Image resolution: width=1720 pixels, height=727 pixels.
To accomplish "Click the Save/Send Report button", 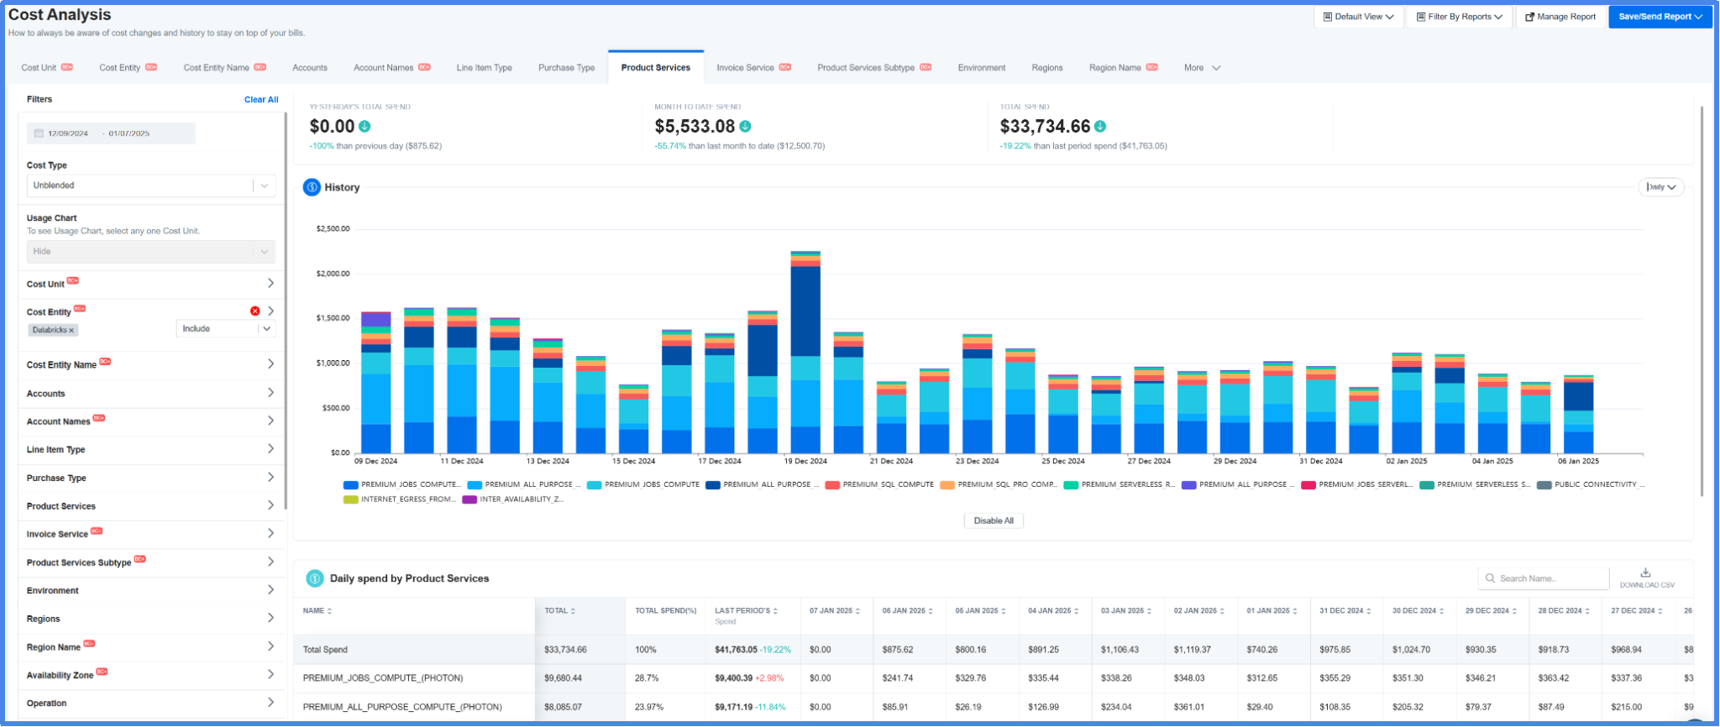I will click(1660, 17).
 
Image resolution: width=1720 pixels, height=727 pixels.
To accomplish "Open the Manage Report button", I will click(1560, 17).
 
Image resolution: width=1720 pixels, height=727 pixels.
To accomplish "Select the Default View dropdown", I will click(1358, 17).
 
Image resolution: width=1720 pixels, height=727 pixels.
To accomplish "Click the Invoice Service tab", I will click(745, 68).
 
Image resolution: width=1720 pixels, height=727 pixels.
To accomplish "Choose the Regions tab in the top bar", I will click(1046, 68).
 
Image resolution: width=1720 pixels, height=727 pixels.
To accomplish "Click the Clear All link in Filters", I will click(261, 100).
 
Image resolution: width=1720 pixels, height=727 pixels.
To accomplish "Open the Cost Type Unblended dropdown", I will click(150, 186).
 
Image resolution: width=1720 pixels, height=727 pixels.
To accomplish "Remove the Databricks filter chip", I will click(71, 331).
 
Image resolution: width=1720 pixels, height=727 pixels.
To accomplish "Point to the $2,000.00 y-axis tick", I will click(333, 274).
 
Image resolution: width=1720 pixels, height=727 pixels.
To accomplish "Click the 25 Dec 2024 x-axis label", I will click(1062, 461).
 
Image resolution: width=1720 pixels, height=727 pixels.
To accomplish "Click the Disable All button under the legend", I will click(993, 521).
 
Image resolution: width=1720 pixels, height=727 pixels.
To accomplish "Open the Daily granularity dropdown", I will click(1660, 187).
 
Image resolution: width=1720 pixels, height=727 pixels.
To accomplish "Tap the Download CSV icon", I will click(1645, 573).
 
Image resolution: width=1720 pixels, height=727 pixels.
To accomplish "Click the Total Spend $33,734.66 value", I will click(1044, 127).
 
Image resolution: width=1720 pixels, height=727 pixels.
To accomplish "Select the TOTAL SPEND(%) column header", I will click(665, 611).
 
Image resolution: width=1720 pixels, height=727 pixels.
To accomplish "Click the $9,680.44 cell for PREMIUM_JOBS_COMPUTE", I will click(564, 678).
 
